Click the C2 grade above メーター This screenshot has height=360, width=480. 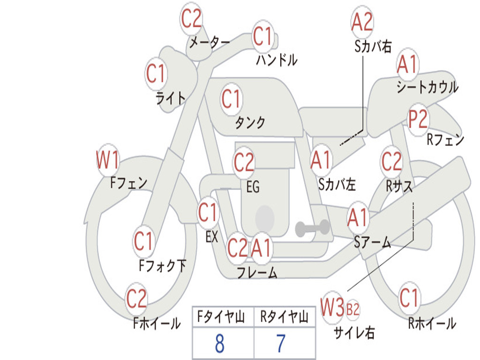pos(191,19)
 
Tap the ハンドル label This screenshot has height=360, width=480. pos(277,60)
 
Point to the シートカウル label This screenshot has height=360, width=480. pos(427,88)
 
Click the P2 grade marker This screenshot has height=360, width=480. pos(418,120)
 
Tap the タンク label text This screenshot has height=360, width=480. pos(250,123)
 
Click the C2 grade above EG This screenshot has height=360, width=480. pos(244,163)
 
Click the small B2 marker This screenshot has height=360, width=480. pos(352,309)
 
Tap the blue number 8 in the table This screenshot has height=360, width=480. pos(220,344)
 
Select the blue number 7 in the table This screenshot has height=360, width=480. pos(281,344)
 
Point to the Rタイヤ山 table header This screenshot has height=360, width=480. pos(284,318)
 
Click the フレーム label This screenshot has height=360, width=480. pos(256,273)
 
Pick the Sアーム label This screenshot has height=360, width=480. pos(372,242)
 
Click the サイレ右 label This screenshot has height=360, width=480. pos(354,333)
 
